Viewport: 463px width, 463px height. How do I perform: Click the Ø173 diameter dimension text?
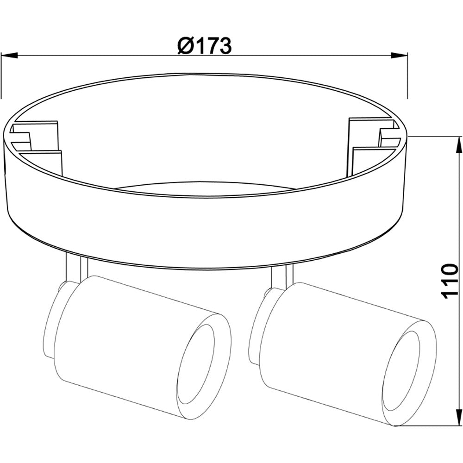coord(204,46)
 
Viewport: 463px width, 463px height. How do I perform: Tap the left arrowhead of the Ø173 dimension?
coord(10,55)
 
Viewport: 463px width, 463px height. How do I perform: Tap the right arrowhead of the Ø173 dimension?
coord(399,55)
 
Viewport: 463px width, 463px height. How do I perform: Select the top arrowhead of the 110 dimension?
coord(459,145)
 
